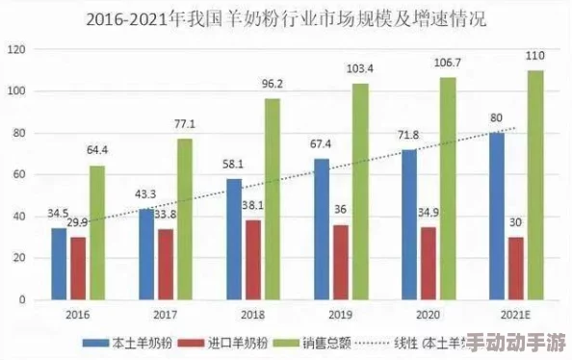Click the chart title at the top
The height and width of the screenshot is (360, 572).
pos(286,18)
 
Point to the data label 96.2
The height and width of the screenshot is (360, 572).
pos(273,84)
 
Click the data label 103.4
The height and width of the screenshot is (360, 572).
pos(359,68)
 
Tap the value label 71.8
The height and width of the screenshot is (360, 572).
pos(408,134)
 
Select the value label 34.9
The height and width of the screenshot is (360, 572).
pos(429,211)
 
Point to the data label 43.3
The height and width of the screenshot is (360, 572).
pos(146,194)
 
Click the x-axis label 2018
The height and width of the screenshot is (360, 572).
pos(252,314)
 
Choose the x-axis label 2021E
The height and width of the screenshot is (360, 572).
pos(515,314)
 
